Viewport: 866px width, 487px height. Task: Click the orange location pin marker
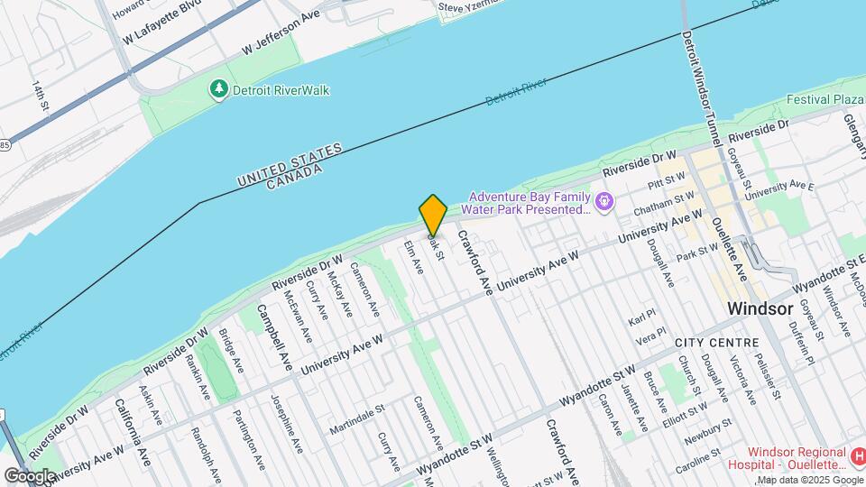tap(433, 215)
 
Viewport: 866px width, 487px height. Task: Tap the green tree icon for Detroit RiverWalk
tap(217, 89)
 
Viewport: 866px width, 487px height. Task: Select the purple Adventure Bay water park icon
tap(604, 198)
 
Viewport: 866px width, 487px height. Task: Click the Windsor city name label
tap(761, 308)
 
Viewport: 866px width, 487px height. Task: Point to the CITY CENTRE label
tap(718, 343)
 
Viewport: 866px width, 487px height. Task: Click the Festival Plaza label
tap(825, 99)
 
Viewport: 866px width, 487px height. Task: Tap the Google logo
tap(29, 475)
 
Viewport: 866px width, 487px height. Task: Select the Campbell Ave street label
tap(274, 337)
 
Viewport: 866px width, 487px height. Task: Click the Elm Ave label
tap(413, 258)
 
